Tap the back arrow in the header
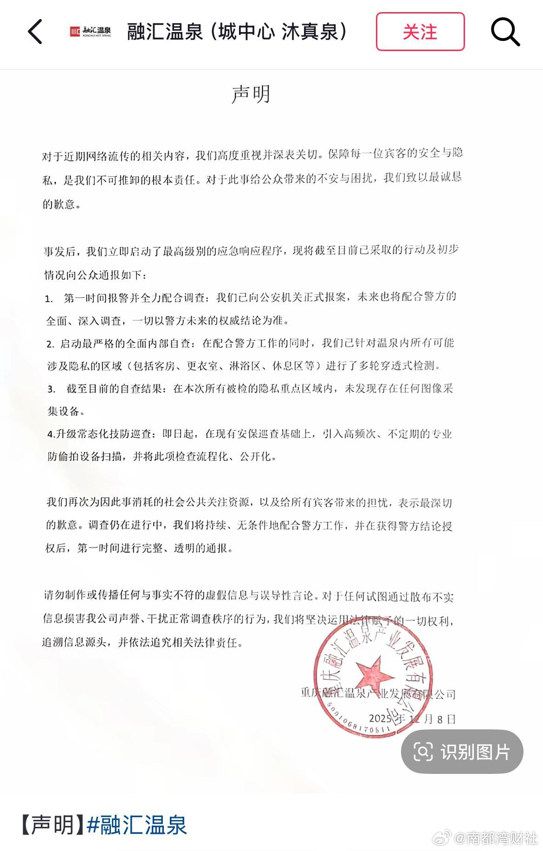(35, 32)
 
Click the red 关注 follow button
(420, 32)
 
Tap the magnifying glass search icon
(505, 32)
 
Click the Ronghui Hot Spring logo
(90, 32)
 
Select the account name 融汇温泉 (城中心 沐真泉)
(237, 32)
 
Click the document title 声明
(251, 94)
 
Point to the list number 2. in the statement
(50, 344)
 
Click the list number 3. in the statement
(51, 389)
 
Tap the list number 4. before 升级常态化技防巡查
(51, 435)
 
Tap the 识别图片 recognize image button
(462, 752)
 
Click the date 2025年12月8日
(412, 719)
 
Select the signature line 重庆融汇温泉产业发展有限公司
(378, 695)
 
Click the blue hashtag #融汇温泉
(137, 825)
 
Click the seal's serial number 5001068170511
(357, 722)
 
